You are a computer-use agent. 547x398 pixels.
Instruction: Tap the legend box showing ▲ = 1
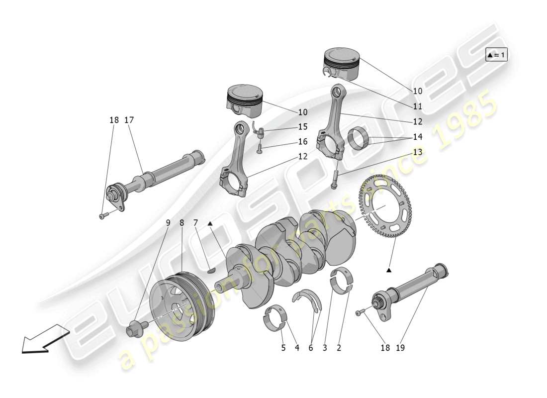tap(496, 55)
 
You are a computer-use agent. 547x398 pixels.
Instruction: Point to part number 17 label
tap(129, 120)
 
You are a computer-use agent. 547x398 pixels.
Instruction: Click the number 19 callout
tap(400, 348)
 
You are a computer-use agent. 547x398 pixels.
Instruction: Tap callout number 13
tap(417, 152)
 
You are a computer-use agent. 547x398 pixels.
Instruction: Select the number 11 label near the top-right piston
tap(417, 106)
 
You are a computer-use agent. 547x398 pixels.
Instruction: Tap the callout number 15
tap(303, 127)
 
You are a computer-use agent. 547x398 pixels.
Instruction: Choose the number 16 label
tap(303, 142)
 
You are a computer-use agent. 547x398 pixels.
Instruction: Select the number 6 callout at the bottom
tap(311, 348)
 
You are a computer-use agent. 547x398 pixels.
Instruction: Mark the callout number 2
tap(339, 348)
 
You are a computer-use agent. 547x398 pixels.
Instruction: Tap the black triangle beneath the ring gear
tap(389, 270)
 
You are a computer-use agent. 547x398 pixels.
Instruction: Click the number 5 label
tap(283, 348)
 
